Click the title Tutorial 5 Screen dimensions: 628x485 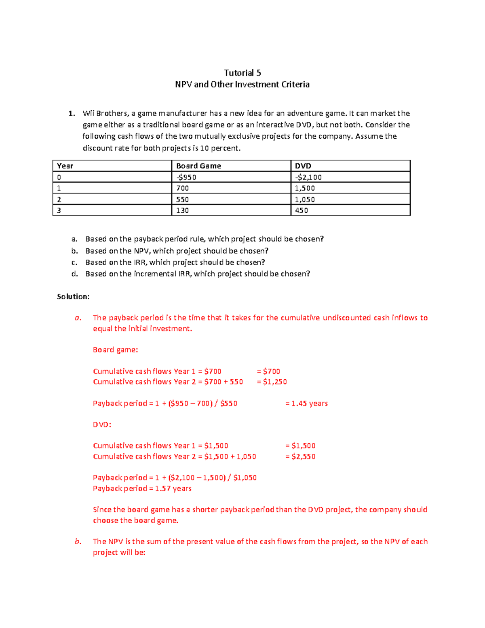tap(242, 73)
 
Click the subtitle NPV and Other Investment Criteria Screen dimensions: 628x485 tap(242, 85)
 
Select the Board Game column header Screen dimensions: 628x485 tap(198, 166)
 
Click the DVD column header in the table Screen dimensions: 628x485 tap(303, 166)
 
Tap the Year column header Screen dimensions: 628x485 tap(65, 166)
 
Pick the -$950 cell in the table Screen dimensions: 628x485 tap(186, 177)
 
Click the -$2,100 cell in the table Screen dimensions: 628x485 tap(308, 177)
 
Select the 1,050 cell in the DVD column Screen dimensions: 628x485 tap(305, 199)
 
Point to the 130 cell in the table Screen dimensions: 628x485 tap(182, 210)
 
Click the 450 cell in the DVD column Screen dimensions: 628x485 tap(302, 210)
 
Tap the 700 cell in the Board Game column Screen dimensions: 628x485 tap(182, 188)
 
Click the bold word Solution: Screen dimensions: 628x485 tap(73, 296)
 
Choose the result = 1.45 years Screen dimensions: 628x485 tap(306, 403)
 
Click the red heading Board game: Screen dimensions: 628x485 tap(116, 350)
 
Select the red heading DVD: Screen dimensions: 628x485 tap(102, 425)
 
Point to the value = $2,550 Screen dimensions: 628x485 tap(300, 457)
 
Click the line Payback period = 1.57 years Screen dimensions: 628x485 tap(142, 488)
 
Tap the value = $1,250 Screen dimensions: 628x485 tap(272, 382)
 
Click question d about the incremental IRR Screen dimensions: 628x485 tap(198, 274)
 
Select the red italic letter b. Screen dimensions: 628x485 tap(78, 541)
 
